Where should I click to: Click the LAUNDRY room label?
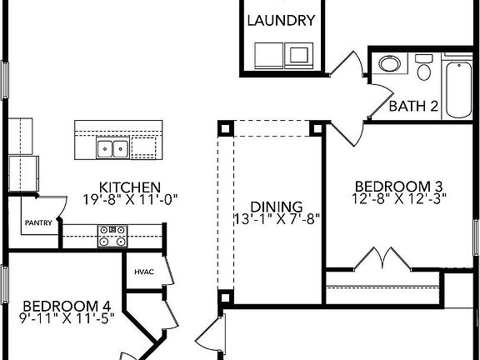pyautogui.click(x=281, y=21)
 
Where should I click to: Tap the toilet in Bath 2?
pyautogui.click(x=424, y=67)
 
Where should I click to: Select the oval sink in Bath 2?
pyautogui.click(x=390, y=64)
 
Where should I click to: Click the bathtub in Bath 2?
pyautogui.click(x=458, y=90)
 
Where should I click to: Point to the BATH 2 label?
pyautogui.click(x=413, y=106)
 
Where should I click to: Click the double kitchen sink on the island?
pyautogui.click(x=112, y=147)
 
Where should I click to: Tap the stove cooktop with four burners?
pyautogui.click(x=112, y=236)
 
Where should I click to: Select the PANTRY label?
pyautogui.click(x=38, y=222)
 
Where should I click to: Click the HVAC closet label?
pyautogui.click(x=144, y=272)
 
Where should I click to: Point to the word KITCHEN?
pyautogui.click(x=130, y=187)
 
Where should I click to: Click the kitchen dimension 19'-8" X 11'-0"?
pyautogui.click(x=130, y=200)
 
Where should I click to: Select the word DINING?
pyautogui.click(x=277, y=207)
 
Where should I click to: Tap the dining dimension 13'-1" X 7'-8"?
pyautogui.click(x=277, y=219)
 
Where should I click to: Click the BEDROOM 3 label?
pyautogui.click(x=399, y=187)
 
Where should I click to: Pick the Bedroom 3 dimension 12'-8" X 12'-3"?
pyautogui.click(x=399, y=198)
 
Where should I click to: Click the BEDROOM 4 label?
pyautogui.click(x=67, y=306)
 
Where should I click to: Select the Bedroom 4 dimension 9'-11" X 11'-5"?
pyautogui.click(x=67, y=318)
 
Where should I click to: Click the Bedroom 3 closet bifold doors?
pyautogui.click(x=382, y=258)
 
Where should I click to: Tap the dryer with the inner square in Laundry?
pyautogui.click(x=299, y=55)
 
